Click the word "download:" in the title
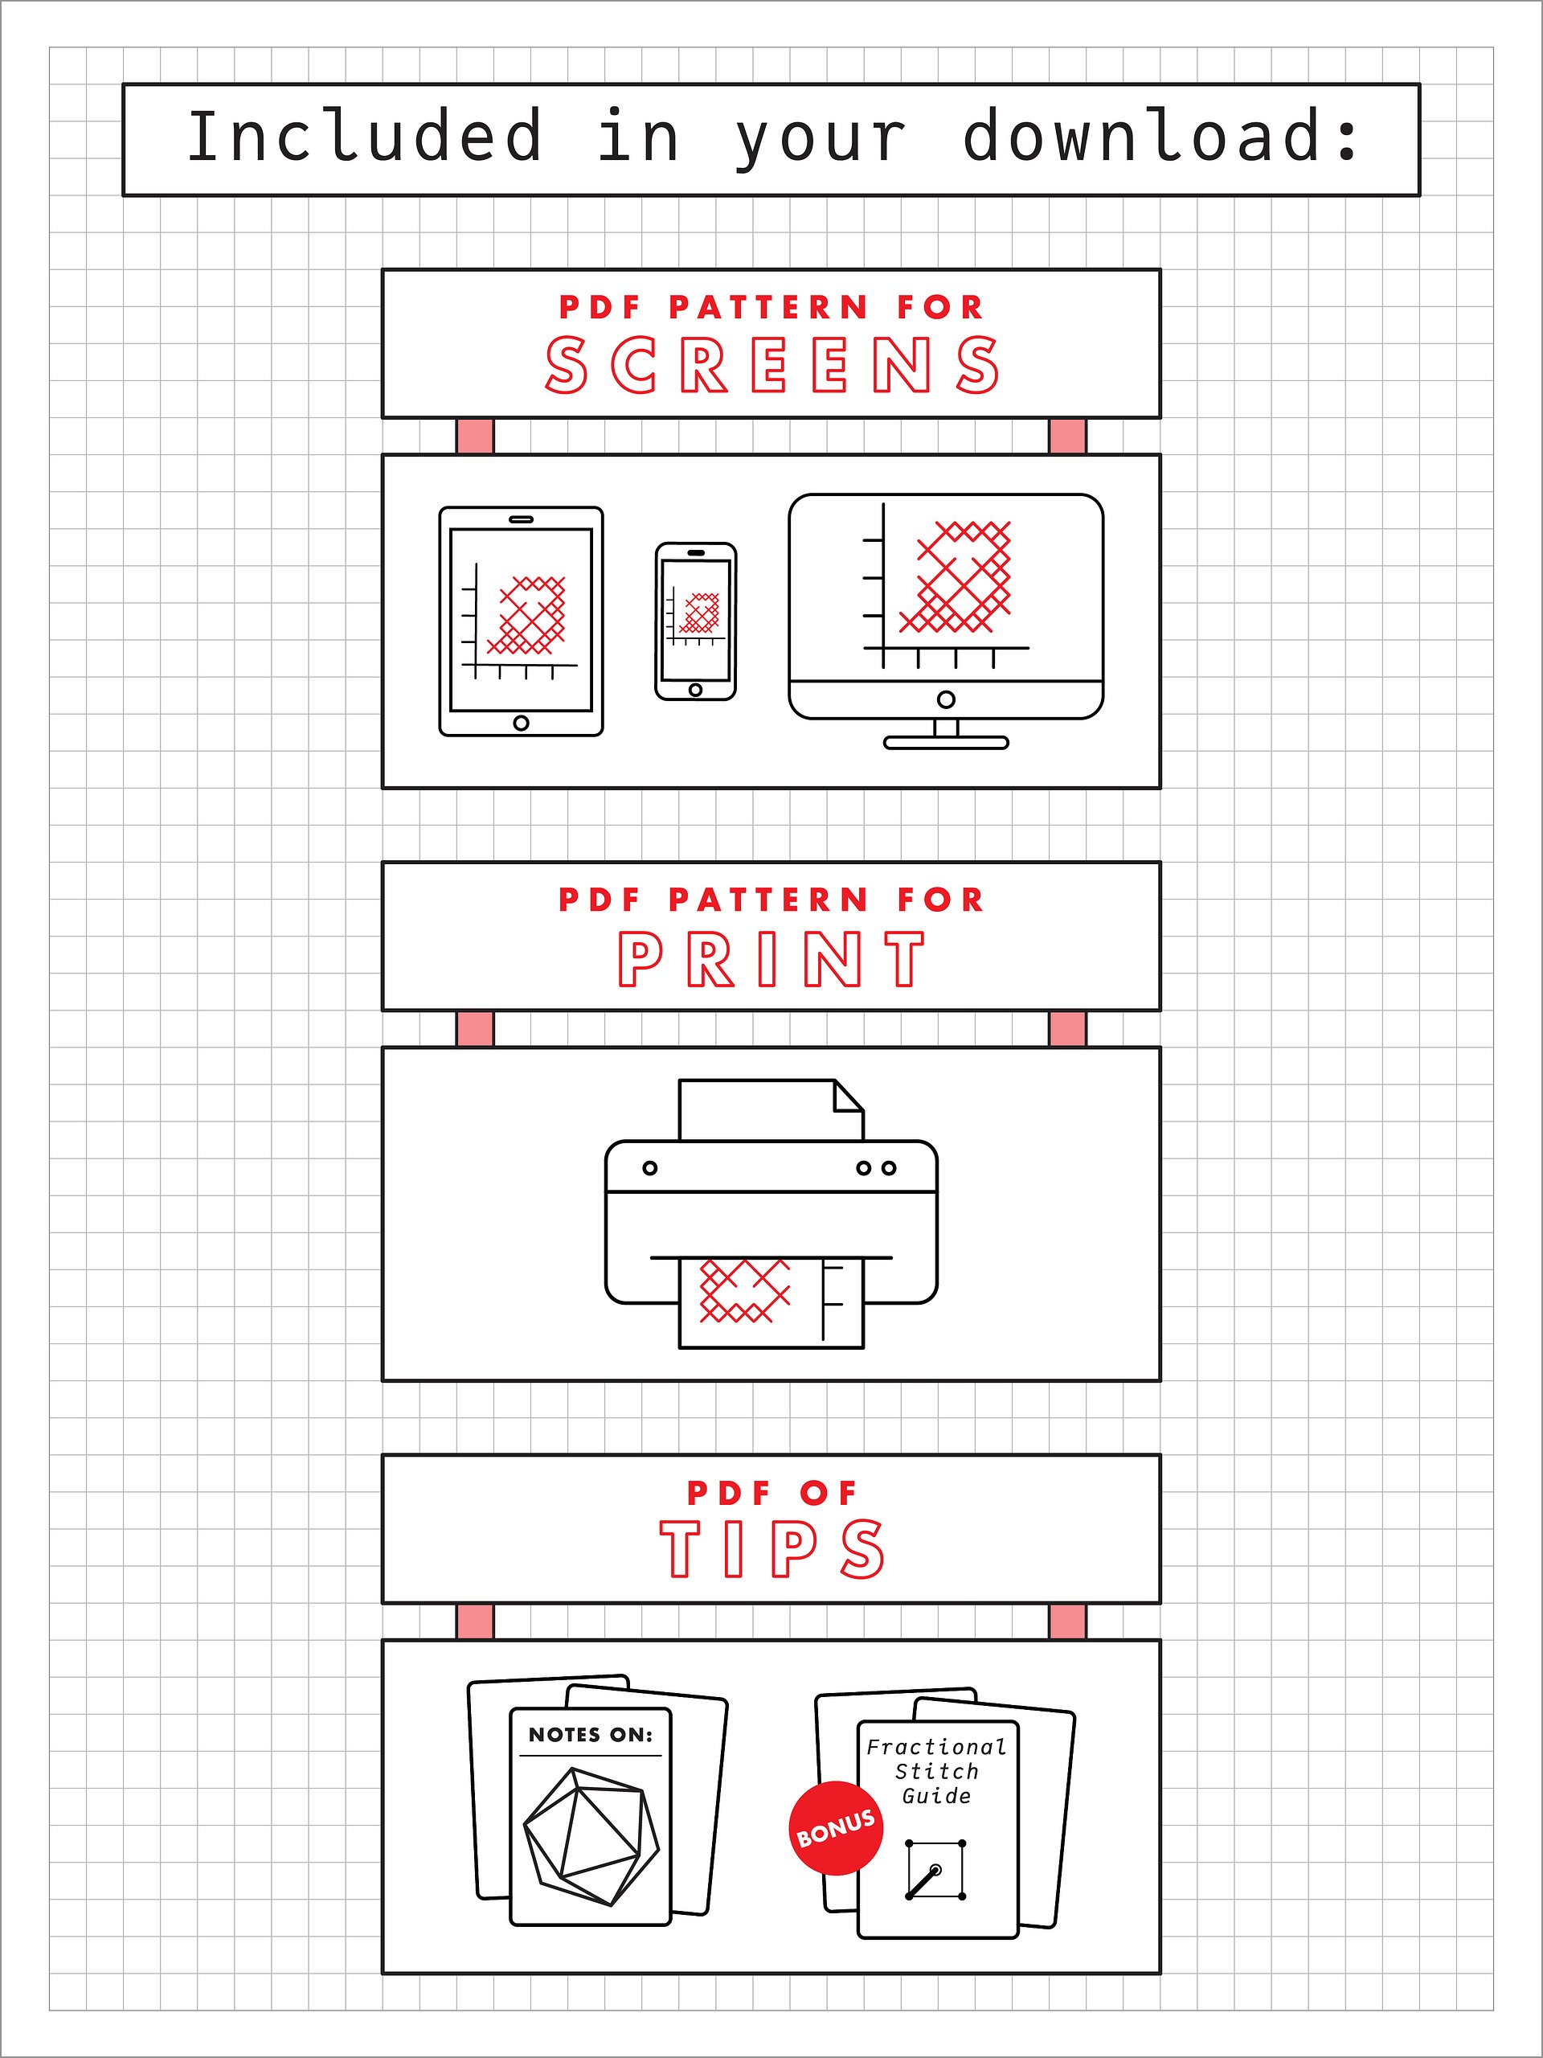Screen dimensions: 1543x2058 pos(1160,136)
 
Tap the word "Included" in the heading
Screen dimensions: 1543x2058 pos(365,136)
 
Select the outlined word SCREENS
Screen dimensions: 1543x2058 pos(772,365)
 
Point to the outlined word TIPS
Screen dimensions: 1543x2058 pos(772,1549)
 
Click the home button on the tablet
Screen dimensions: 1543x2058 pos(521,723)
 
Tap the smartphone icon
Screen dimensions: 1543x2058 pos(696,621)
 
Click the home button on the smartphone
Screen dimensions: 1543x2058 pos(696,690)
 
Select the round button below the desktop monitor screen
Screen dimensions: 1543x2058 pos(946,699)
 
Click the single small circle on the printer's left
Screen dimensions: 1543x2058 pos(650,1167)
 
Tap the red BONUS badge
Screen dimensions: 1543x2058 pos(836,1828)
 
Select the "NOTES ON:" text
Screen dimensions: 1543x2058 pos(591,1734)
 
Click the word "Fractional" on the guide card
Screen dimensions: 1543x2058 pos(936,1746)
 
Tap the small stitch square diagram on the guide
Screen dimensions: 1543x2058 pos(935,1869)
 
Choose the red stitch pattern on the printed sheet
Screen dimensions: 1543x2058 pos(744,1290)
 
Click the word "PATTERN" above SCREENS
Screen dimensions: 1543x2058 pos(769,307)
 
